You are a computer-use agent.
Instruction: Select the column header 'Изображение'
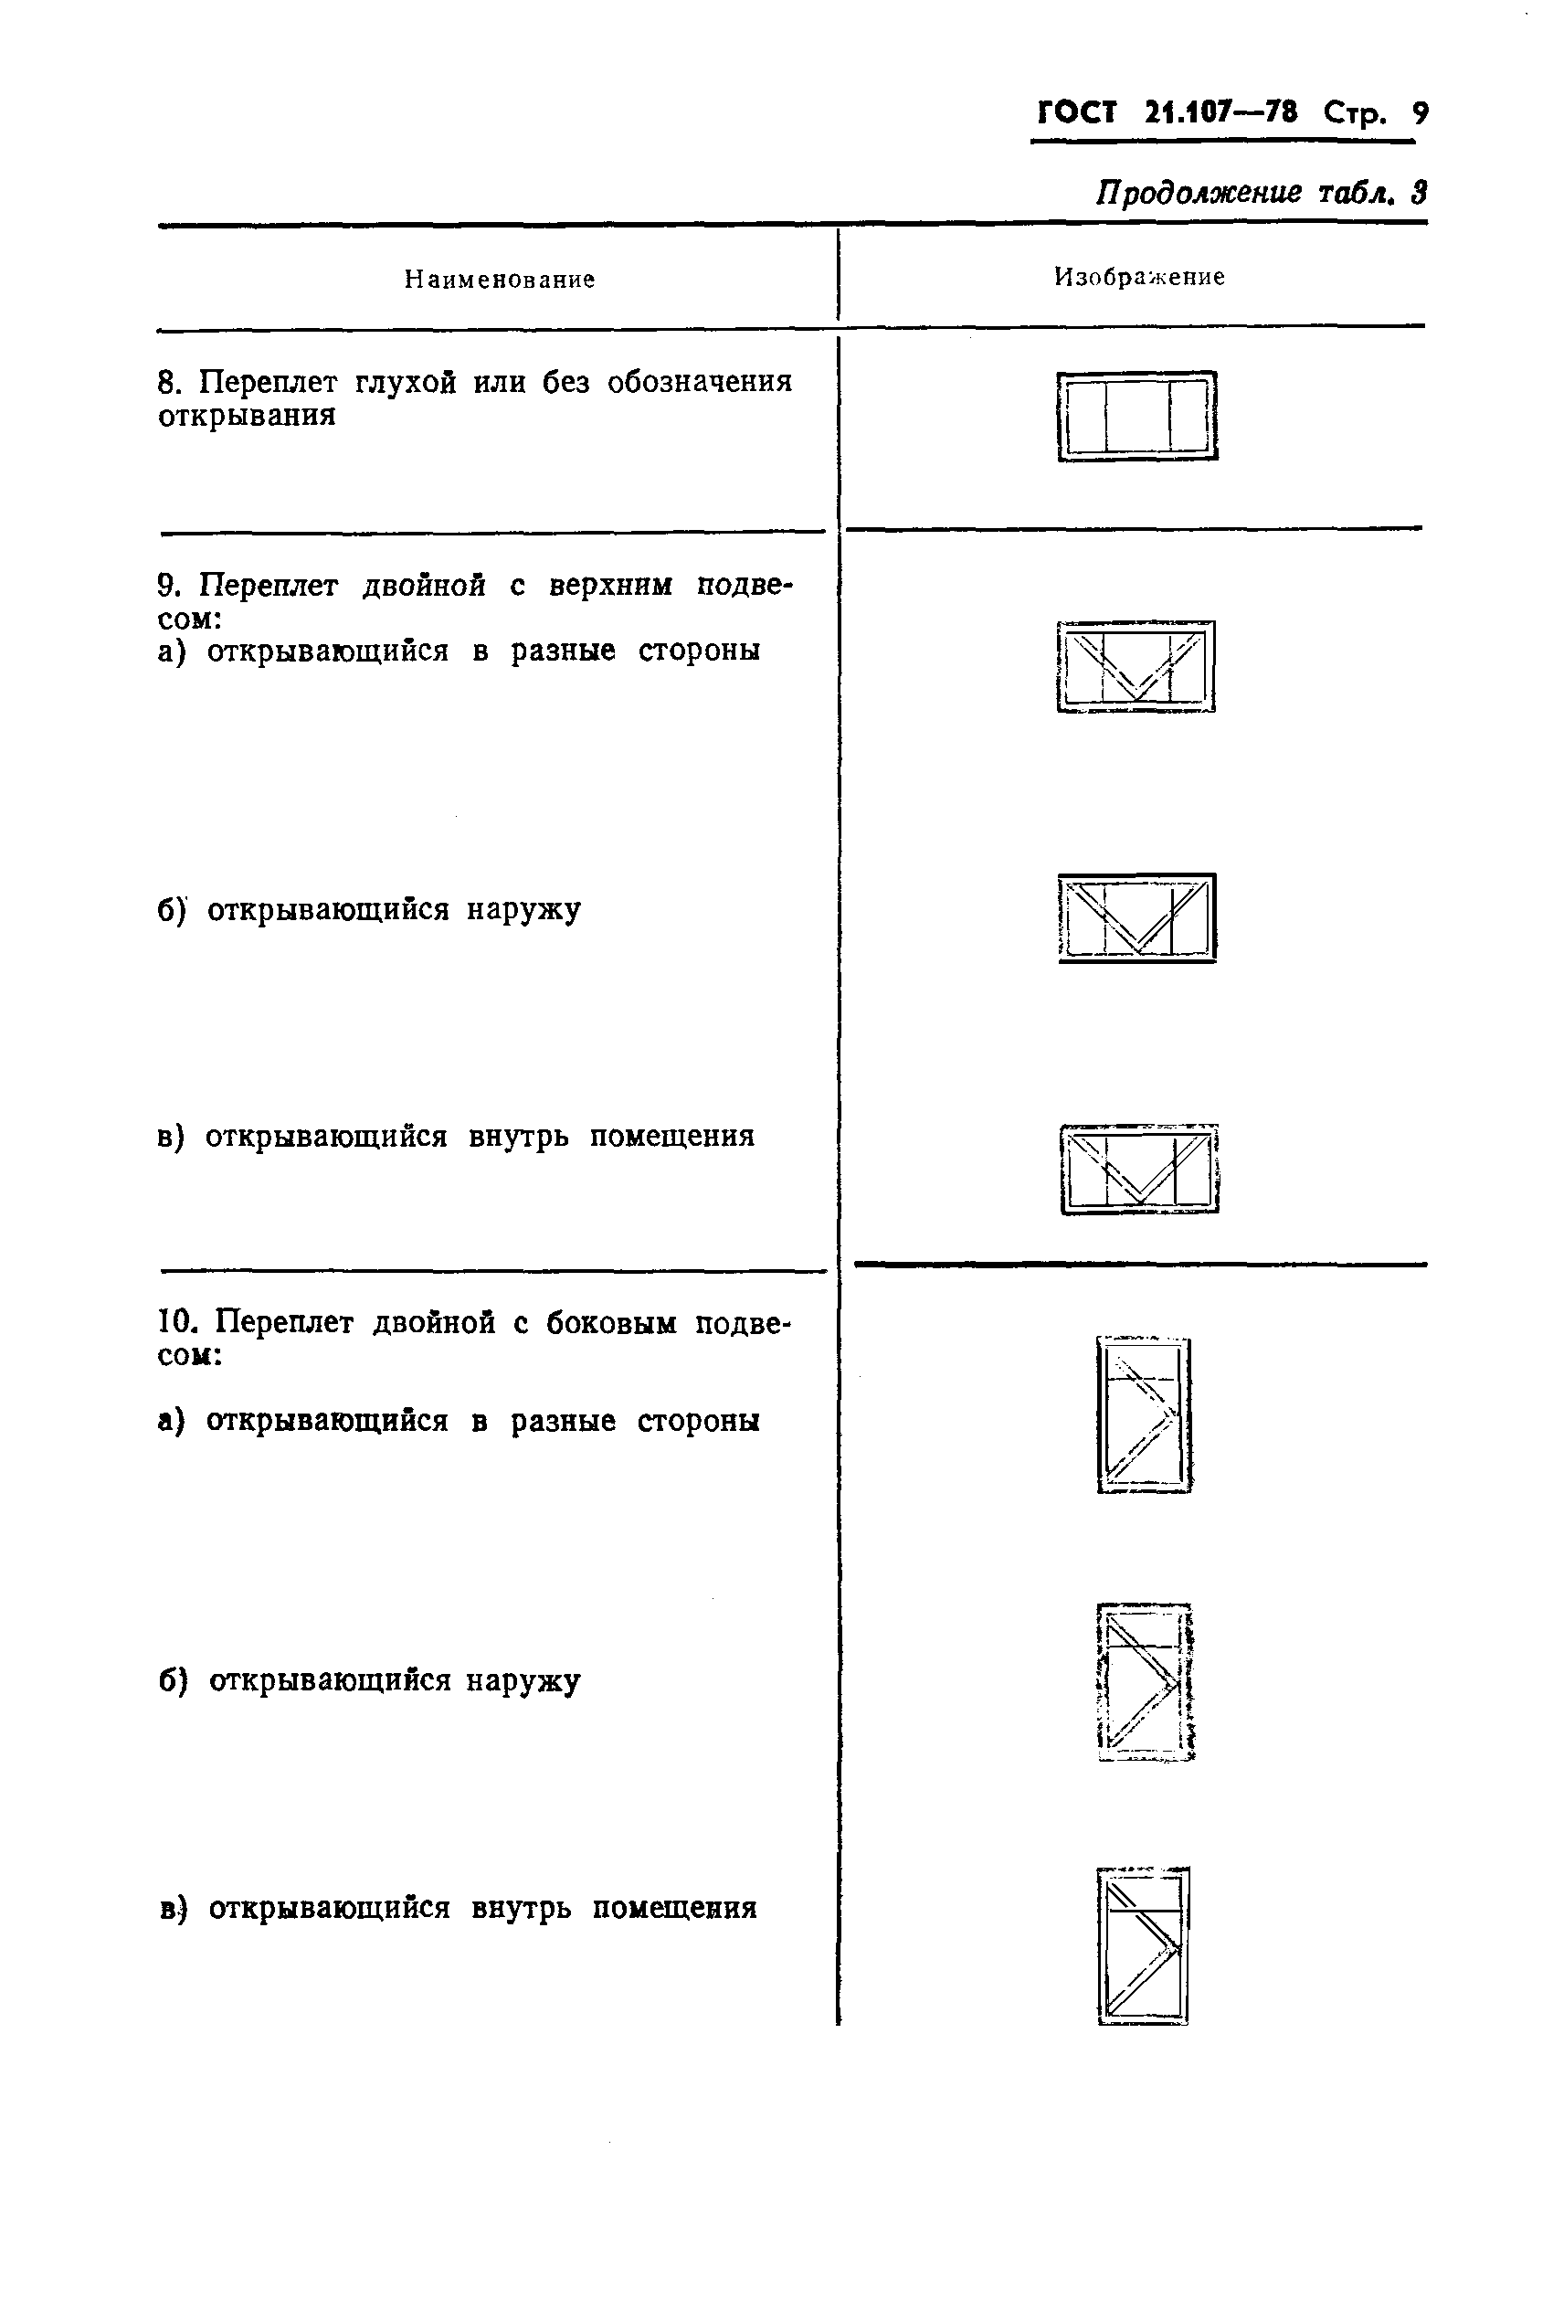(1139, 278)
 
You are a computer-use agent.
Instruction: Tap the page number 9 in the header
(1421, 113)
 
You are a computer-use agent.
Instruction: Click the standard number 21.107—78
(1220, 112)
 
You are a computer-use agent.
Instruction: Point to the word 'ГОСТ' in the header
(1077, 113)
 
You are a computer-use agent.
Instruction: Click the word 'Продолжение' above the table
(1199, 192)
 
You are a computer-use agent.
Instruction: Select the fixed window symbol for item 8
(1137, 416)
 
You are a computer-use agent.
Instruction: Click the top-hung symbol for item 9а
(1136, 666)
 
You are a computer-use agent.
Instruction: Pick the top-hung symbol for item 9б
(1137, 917)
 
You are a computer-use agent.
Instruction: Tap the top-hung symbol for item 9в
(1139, 1169)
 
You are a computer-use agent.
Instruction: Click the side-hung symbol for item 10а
(1144, 1414)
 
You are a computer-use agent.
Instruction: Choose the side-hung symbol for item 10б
(1145, 1681)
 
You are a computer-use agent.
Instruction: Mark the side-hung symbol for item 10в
(1143, 1946)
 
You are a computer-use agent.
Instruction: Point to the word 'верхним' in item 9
(610, 586)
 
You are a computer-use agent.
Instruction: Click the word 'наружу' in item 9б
(523, 909)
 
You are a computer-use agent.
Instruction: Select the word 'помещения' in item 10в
(674, 1907)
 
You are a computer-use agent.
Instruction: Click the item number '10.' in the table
(178, 1323)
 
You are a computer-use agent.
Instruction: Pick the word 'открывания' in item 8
(247, 416)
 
